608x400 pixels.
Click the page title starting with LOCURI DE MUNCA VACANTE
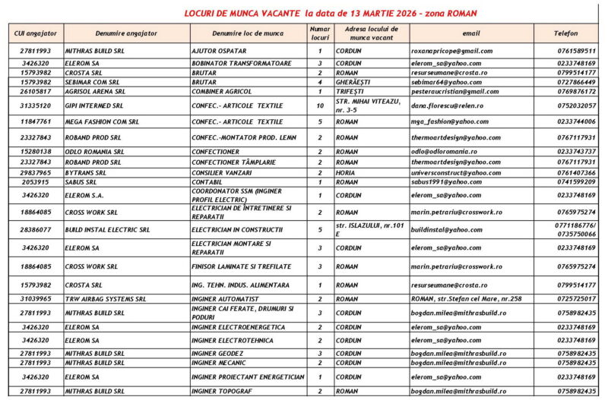(332, 14)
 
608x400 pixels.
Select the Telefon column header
(565, 33)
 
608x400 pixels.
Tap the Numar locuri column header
(320, 33)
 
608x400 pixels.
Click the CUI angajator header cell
(35, 33)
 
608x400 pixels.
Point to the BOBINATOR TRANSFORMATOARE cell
(241, 63)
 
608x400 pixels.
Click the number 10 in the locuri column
(320, 106)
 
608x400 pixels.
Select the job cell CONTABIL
(208, 182)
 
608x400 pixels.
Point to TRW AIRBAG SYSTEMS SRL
(105, 299)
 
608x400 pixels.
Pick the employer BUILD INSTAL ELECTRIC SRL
(107, 229)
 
